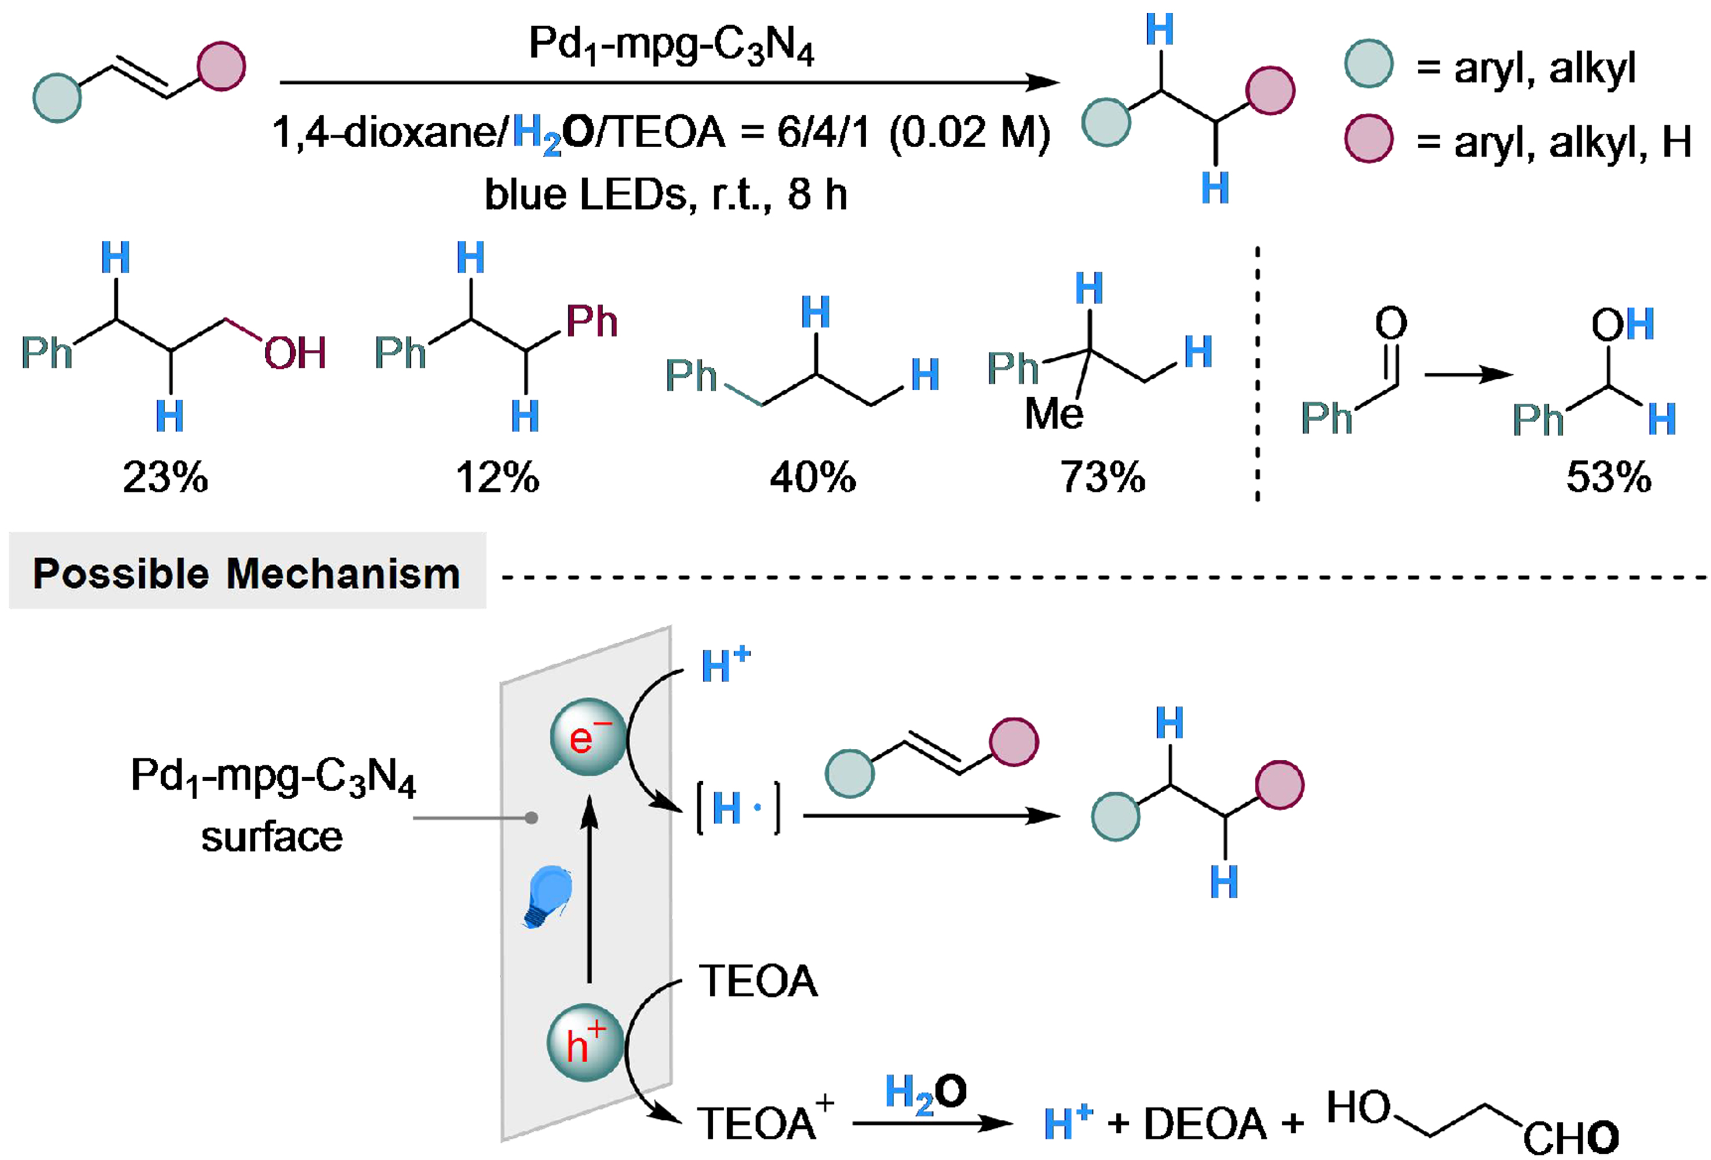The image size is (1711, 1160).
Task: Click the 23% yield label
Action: (165, 478)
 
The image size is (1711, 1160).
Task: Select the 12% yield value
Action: (498, 478)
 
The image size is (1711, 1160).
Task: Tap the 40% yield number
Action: (813, 478)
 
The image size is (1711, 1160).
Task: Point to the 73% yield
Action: (1102, 478)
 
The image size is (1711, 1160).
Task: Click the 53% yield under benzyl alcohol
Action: (1608, 478)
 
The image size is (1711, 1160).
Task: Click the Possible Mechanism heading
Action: (247, 573)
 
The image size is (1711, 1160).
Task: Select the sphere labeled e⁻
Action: (588, 737)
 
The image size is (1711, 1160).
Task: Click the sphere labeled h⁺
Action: (585, 1043)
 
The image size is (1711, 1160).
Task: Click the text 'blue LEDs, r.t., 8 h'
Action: (666, 195)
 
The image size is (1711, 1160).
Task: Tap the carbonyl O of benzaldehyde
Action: (1391, 323)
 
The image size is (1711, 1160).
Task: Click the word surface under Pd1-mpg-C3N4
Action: (272, 837)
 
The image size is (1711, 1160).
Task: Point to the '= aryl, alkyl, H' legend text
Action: (1553, 142)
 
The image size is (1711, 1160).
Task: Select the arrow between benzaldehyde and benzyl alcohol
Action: (1467, 375)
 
